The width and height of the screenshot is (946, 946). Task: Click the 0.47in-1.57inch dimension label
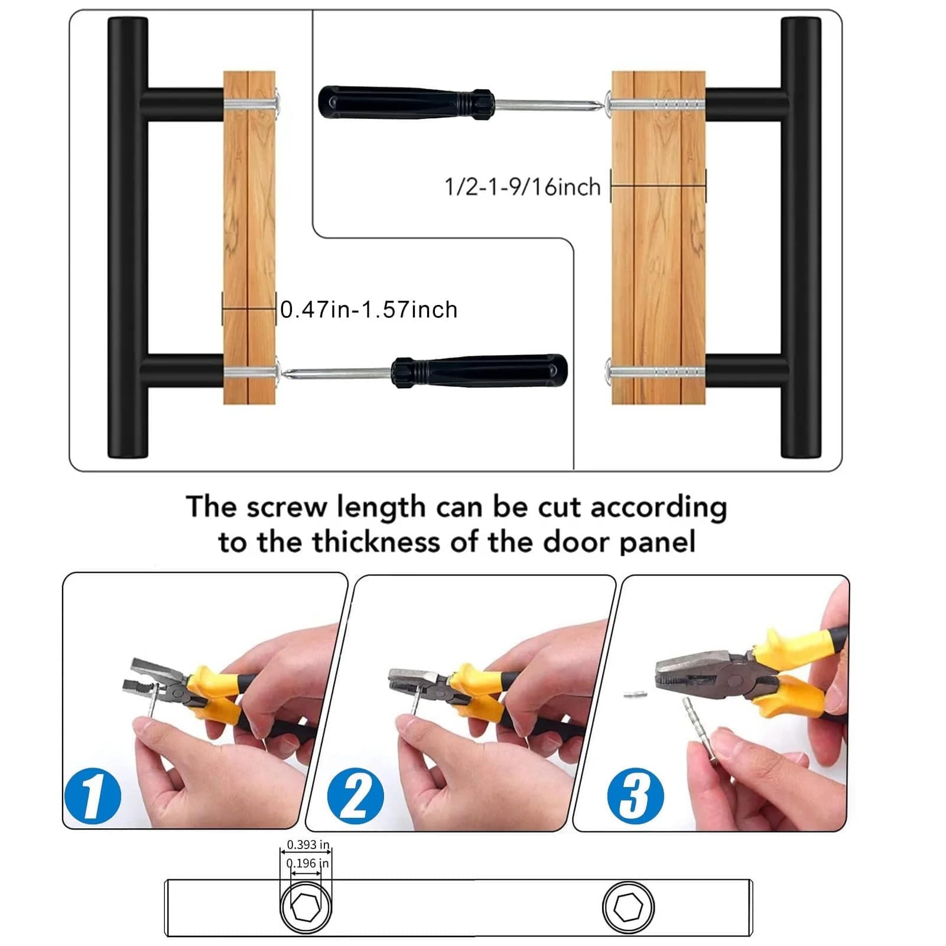point(369,310)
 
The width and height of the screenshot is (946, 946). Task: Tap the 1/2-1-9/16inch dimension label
point(522,187)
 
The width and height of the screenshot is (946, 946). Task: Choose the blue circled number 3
point(635,796)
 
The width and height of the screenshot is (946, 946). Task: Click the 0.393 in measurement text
point(308,845)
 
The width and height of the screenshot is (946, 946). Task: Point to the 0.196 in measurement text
point(307,863)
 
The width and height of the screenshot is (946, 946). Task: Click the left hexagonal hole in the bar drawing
point(306,907)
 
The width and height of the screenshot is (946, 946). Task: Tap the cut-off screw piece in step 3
point(635,694)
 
